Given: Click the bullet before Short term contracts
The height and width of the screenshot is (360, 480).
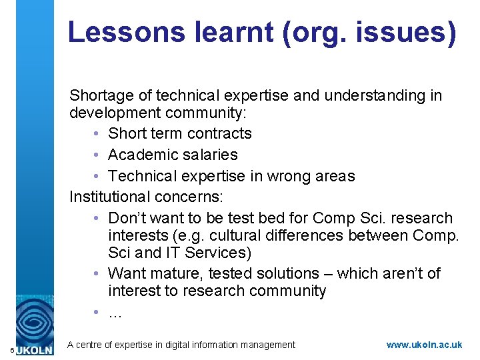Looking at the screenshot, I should pos(97,134).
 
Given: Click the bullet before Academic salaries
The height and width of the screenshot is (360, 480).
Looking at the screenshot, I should pos(97,155).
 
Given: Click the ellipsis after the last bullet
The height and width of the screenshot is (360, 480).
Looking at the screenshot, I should pos(115,312).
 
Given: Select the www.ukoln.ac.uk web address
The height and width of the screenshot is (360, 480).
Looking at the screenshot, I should pos(424,345).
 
